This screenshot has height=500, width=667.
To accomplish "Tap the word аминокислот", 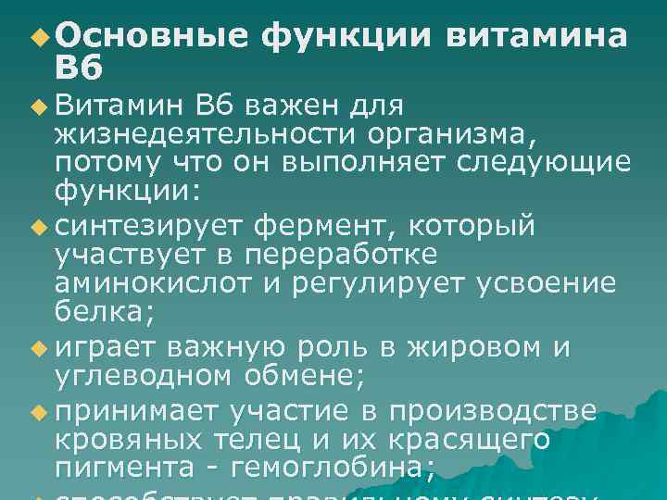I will point(154,283).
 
